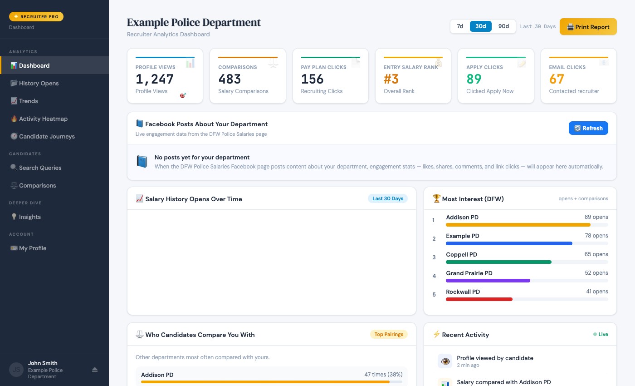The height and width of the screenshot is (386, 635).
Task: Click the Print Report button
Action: (588, 27)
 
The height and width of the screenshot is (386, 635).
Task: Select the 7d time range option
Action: (460, 26)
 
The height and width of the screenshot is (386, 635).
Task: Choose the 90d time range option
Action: (503, 26)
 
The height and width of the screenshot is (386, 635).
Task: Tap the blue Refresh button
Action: (588, 128)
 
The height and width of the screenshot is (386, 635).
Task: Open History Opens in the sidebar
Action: (39, 83)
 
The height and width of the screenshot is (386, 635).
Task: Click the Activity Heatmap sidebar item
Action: (43, 119)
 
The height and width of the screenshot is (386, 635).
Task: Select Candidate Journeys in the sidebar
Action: (46, 136)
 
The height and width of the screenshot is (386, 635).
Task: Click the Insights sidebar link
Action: (29, 217)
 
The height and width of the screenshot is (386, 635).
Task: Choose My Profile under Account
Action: (32, 248)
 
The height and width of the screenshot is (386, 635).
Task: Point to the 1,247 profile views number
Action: (155, 79)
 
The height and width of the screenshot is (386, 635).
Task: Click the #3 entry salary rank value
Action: (391, 79)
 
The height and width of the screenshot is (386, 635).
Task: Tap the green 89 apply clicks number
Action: (474, 79)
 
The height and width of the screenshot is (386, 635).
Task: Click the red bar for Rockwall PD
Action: (479, 299)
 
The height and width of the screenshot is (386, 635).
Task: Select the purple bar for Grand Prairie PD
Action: (488, 281)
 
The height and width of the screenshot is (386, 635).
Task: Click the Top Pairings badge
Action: (389, 334)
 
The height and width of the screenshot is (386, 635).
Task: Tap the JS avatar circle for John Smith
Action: (16, 370)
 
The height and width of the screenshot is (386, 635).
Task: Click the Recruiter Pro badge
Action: (36, 16)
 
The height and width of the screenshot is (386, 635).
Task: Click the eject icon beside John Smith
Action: (95, 370)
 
